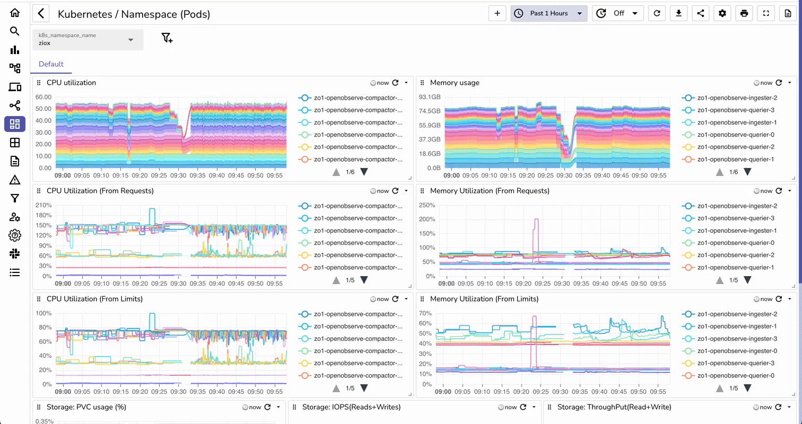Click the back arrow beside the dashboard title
pos(41,14)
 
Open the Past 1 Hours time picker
pos(548,13)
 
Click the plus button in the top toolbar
pos(497,13)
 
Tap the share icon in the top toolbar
pos(700,13)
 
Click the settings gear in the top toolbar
pos(722,13)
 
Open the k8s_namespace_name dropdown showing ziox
pos(88,40)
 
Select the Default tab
pos(51,64)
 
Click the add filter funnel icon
pos(167,38)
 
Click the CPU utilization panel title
pos(71,83)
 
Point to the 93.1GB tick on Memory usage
pos(430,98)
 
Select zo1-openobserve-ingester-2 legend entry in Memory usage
pos(737,98)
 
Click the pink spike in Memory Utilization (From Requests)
pos(536,220)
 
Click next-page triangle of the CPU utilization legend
pos(364,172)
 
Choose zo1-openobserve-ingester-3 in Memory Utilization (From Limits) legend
pos(737,339)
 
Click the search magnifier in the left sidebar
pos(15,31)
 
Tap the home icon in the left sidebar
pos(15,13)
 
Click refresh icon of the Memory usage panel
pos(779,83)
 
